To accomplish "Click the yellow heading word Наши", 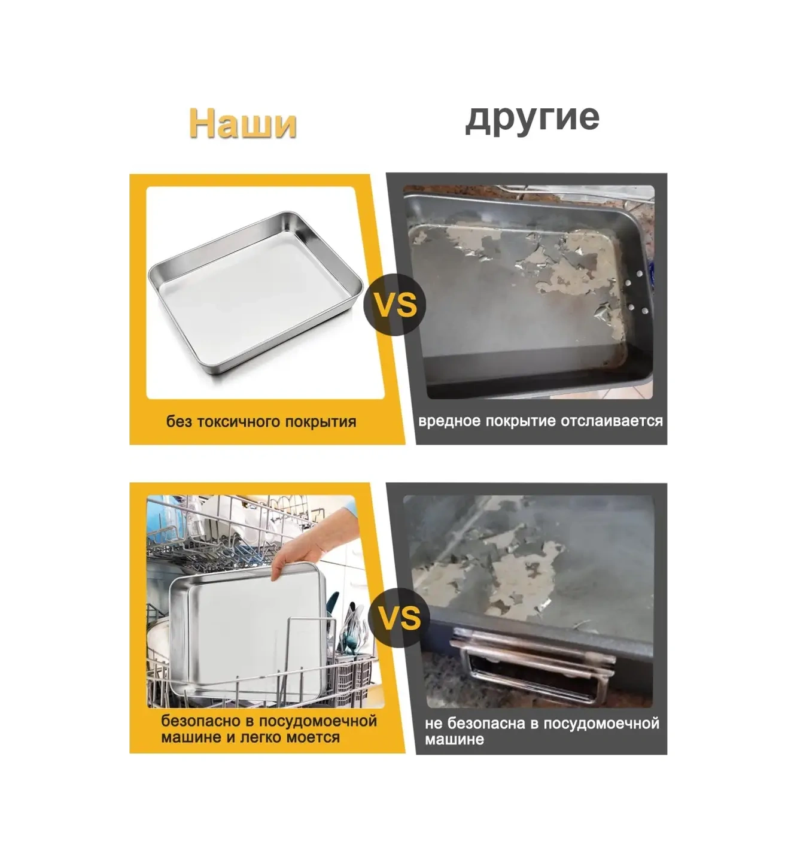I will pyautogui.click(x=242, y=124).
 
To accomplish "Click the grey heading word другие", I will pyautogui.click(x=532, y=117).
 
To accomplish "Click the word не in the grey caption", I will pyautogui.click(x=433, y=724).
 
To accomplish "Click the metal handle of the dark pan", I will pyautogui.click(x=533, y=664).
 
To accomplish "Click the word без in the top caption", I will pyautogui.click(x=179, y=422).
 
